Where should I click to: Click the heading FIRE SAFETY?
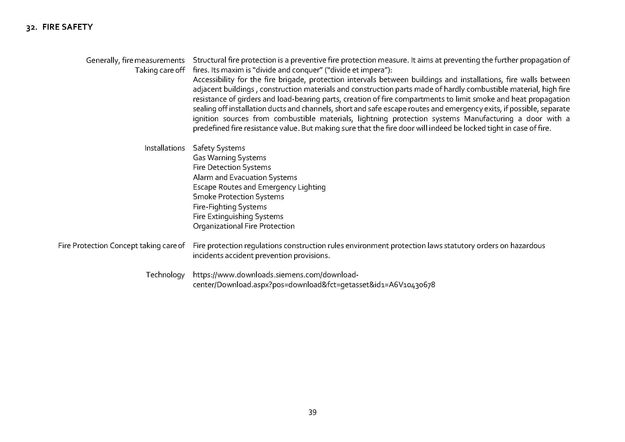point(68,27)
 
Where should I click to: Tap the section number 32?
point(32,28)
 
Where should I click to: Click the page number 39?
point(312,412)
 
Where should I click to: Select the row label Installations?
point(164,148)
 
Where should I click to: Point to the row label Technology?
point(165,275)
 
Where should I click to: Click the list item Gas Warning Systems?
point(229,158)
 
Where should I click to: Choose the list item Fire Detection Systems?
point(232,167)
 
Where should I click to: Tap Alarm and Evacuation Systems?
point(245,177)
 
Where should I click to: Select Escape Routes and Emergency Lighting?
point(259,187)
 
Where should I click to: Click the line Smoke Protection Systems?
point(238,197)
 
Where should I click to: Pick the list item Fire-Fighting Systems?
point(230,207)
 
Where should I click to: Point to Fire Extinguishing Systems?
point(238,217)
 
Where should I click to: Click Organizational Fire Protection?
point(243,226)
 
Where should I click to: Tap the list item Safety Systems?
point(219,148)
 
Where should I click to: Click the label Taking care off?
point(160,70)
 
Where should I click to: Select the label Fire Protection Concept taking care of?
point(121,246)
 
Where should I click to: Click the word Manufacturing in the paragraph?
point(489,119)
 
